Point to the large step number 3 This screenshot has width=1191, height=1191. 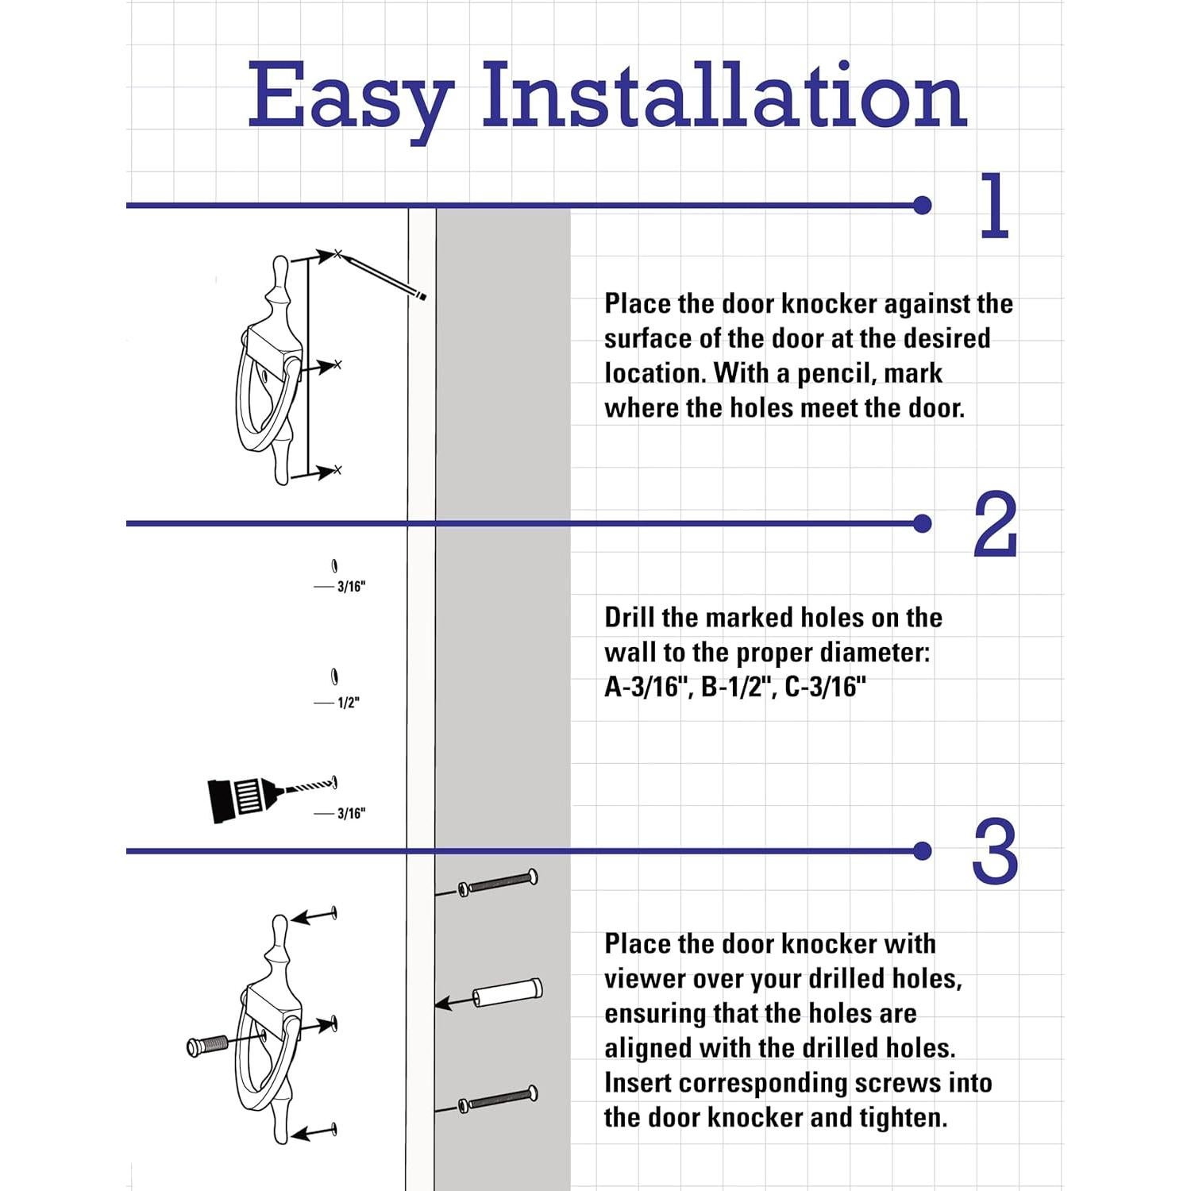995,852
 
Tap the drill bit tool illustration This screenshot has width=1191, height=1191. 271,796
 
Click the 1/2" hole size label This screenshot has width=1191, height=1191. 349,703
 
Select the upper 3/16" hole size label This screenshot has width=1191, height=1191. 351,587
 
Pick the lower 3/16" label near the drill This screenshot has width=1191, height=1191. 351,813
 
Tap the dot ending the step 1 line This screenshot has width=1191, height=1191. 922,206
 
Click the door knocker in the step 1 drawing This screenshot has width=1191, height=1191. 272,370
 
